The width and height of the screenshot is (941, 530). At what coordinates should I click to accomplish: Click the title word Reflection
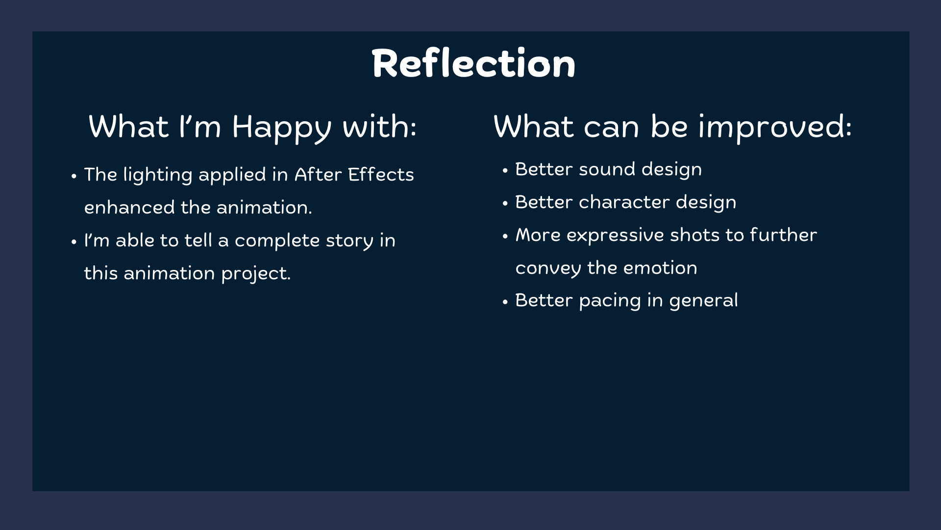pyautogui.click(x=473, y=63)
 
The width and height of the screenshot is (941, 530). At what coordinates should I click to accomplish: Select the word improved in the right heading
pyautogui.click(x=775, y=128)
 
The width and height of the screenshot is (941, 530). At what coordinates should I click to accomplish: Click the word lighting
pyautogui.click(x=158, y=175)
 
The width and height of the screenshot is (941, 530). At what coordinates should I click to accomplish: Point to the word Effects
pyautogui.click(x=381, y=174)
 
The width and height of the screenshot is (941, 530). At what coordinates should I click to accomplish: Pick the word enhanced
pyautogui.click(x=129, y=207)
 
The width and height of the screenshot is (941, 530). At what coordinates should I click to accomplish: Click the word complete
pyautogui.click(x=277, y=241)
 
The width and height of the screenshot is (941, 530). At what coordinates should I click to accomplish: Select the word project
pyautogui.click(x=256, y=274)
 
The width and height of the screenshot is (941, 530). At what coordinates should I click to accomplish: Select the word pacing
pyautogui.click(x=610, y=301)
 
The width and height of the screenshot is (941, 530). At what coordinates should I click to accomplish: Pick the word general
pyautogui.click(x=703, y=301)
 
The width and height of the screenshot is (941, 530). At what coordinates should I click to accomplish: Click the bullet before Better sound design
pyautogui.click(x=505, y=171)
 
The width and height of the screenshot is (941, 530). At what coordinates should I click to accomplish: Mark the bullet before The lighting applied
pyautogui.click(x=74, y=176)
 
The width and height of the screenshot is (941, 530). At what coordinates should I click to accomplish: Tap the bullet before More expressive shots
pyautogui.click(x=505, y=237)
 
